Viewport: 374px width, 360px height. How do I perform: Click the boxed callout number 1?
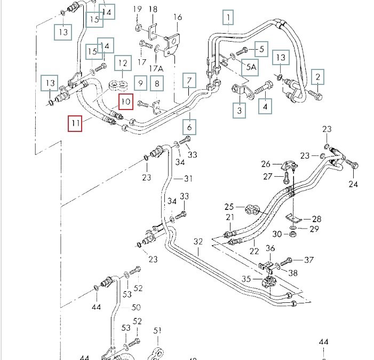point(228,19)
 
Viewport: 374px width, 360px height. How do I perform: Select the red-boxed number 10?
point(125,101)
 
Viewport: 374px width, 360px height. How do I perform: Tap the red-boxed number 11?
point(75,124)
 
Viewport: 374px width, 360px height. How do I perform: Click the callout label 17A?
point(156,68)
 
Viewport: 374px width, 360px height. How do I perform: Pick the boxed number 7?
point(189,81)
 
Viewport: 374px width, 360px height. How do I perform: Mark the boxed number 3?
point(238,110)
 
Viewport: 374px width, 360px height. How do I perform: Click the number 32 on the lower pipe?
point(198,242)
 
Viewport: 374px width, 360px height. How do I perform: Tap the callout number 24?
point(353,184)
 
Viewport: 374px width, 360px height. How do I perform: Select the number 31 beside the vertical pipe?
point(188,178)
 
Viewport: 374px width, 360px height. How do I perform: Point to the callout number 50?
point(136,307)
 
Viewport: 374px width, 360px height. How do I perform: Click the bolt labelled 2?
point(314,96)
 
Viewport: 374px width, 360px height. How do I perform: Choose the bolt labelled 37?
point(289,261)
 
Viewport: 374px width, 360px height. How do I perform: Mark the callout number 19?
point(137,9)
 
